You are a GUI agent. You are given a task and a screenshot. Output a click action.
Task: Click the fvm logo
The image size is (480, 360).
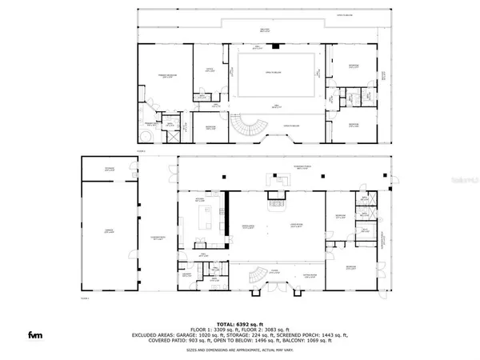(35, 334)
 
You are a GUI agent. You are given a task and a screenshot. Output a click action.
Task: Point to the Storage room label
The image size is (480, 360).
(110, 169)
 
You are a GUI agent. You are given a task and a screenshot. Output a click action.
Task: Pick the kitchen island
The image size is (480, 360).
(209, 216)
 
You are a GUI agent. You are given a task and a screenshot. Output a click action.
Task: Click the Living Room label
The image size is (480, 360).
(295, 226)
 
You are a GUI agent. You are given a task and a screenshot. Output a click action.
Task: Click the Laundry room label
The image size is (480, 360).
(186, 274)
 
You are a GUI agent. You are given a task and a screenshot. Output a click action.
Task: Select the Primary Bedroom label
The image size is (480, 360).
(165, 78)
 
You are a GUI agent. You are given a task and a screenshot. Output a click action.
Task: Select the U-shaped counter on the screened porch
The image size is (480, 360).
(278, 182)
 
